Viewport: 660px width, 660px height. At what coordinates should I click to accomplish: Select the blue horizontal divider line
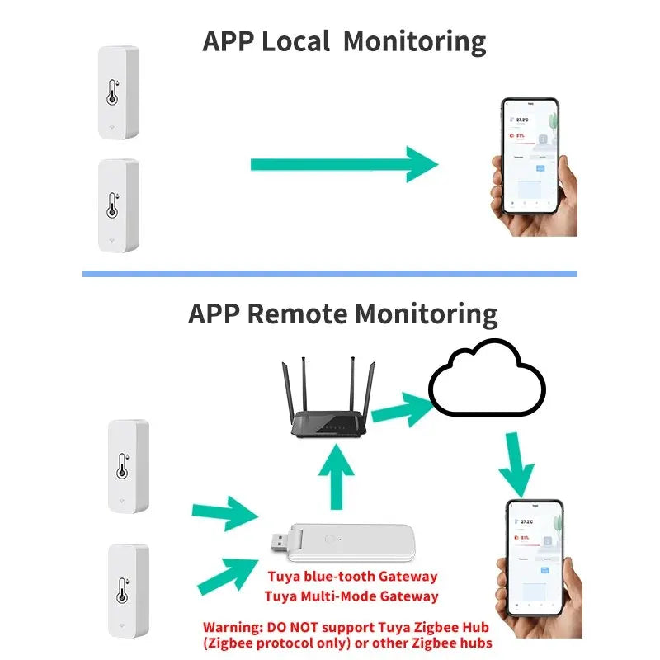(x=330, y=274)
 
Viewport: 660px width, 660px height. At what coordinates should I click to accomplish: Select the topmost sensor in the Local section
(x=118, y=92)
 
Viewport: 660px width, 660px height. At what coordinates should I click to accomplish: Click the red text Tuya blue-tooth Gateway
(x=351, y=577)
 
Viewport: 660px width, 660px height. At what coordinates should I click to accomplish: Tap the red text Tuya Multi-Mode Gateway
(x=351, y=596)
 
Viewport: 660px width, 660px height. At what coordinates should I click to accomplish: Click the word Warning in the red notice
(x=232, y=625)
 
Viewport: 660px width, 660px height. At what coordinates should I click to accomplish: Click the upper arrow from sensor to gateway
(x=224, y=513)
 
